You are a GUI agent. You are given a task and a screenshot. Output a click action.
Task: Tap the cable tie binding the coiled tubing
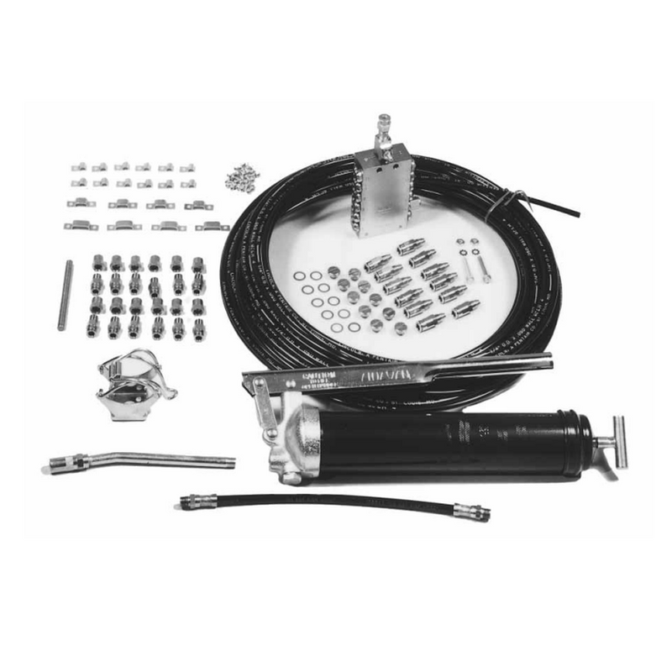(513, 202)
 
